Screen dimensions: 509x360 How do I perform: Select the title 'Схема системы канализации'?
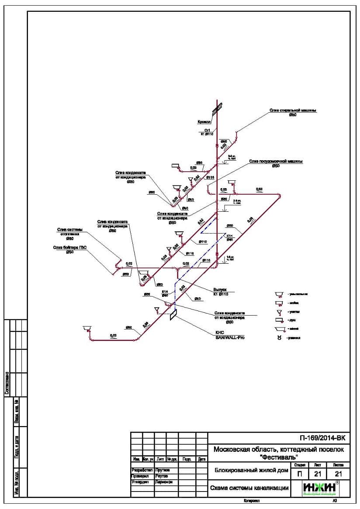[249, 488]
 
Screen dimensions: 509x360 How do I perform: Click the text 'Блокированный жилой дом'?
[251, 471]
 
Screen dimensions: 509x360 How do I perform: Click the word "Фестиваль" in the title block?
[278, 457]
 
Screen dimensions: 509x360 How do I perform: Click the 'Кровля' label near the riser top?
[204, 122]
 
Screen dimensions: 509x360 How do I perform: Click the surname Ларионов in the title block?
[164, 482]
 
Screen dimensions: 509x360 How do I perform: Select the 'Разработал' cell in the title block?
[141, 470]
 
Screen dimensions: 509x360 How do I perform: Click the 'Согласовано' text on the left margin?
[7, 383]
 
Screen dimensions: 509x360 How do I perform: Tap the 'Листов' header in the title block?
[338, 465]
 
